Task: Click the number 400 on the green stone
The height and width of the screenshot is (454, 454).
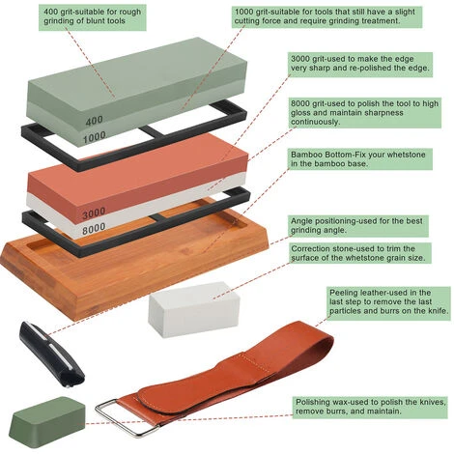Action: click(x=94, y=121)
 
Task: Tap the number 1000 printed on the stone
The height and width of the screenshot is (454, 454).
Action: click(x=95, y=137)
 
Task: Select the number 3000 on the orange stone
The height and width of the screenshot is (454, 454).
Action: click(x=94, y=213)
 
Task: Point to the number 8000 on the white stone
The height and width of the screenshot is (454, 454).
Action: click(x=94, y=229)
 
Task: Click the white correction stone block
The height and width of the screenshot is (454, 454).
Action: click(x=194, y=309)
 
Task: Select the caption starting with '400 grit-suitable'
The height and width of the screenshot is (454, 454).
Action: click(x=93, y=17)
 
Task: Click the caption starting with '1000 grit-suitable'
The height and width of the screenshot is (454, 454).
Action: click(x=326, y=16)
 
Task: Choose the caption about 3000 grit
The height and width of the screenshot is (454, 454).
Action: click(x=360, y=64)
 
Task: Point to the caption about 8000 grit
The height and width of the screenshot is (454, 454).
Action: click(x=364, y=113)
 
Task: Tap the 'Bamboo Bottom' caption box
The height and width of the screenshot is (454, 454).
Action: click(x=359, y=159)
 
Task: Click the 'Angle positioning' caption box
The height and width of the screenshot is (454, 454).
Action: click(x=357, y=226)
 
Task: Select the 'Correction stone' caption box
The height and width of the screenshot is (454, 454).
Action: click(x=359, y=253)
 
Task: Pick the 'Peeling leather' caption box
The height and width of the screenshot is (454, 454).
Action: click(x=388, y=303)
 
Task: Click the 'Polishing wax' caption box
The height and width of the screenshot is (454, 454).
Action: click(x=370, y=408)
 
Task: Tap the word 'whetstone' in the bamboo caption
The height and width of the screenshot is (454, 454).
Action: click(x=406, y=155)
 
